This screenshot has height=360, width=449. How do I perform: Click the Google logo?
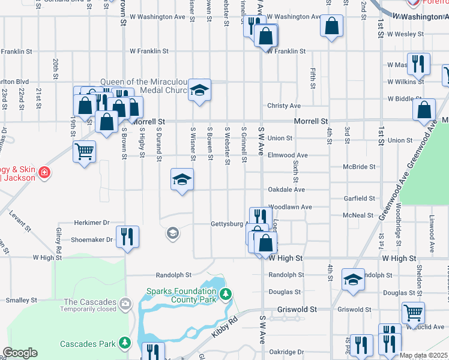pyautogui.click(x=20, y=353)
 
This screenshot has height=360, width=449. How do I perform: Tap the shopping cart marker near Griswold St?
pyautogui.click(x=413, y=311)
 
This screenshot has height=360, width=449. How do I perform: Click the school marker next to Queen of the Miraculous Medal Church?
pyautogui.click(x=200, y=90)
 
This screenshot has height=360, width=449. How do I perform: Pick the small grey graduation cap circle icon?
pyautogui.click(x=173, y=233)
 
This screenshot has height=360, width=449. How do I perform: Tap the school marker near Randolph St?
pyautogui.click(x=353, y=279)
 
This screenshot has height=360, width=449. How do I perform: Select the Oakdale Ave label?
pyautogui.click(x=286, y=190)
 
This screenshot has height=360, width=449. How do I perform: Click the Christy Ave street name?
pyautogui.click(x=284, y=106)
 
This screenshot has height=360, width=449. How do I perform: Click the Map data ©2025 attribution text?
pyautogui.click(x=423, y=355)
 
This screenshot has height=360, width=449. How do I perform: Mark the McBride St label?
pyautogui.click(x=358, y=167)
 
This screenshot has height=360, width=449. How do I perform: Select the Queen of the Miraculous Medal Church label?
pyautogui.click(x=144, y=86)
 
